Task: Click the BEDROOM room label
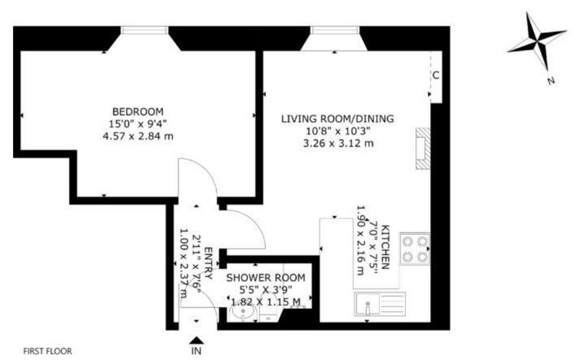tap(138, 112)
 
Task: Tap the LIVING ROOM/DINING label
tap(338, 118)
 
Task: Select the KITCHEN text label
tap(386, 247)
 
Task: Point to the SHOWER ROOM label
tap(266, 278)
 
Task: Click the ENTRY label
tap(209, 263)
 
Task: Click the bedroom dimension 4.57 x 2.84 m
tap(138, 136)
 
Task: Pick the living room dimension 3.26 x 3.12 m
tap(338, 143)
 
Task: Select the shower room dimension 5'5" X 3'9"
tap(266, 289)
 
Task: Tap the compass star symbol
tap(537, 41)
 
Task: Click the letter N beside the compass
tap(551, 80)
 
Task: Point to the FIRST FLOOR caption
tap(47, 351)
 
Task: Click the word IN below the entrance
tap(196, 351)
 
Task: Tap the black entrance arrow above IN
tap(197, 340)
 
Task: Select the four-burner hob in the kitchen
tap(415, 249)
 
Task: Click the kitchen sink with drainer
tap(380, 303)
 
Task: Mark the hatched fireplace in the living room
tap(423, 148)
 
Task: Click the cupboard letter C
tap(435, 75)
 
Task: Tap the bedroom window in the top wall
tap(144, 30)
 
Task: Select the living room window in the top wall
tap(335, 30)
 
